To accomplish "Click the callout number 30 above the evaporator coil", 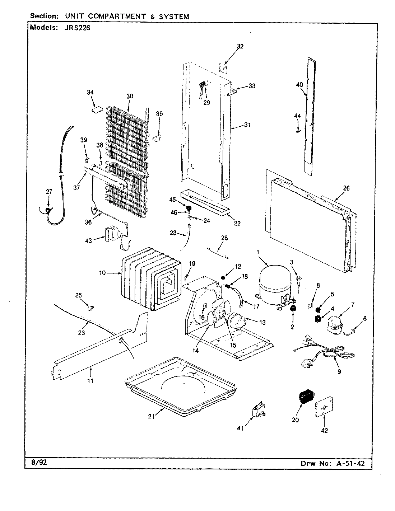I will point(129,96).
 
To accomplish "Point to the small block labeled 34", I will point(96,109).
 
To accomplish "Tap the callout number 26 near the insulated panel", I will point(346,188).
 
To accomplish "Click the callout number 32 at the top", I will point(240,46).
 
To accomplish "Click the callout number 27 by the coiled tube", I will point(49,192).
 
